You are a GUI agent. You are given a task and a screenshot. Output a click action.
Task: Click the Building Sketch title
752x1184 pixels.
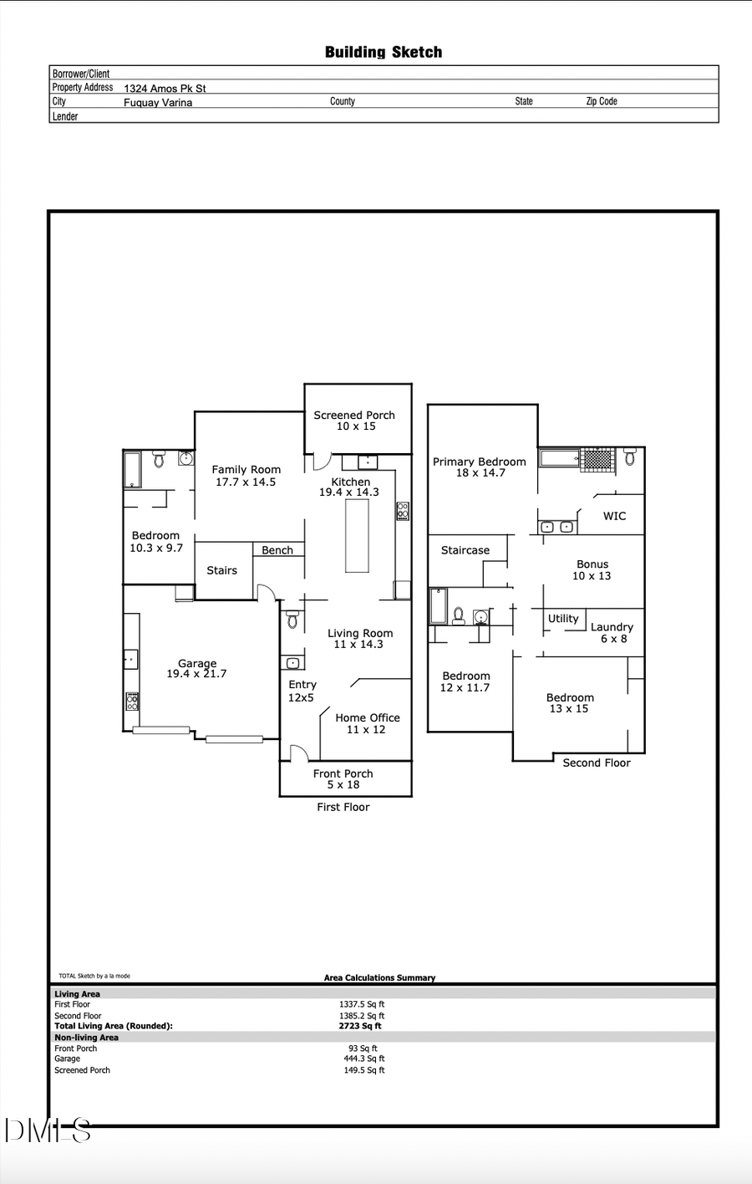384,52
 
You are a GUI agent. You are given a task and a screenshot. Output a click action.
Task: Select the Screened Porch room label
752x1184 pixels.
354,415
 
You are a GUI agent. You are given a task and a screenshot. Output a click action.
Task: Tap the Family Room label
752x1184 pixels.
246,470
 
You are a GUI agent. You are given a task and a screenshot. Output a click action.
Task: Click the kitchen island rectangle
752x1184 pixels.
357,537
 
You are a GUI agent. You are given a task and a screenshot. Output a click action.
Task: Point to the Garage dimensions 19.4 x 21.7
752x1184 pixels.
196,674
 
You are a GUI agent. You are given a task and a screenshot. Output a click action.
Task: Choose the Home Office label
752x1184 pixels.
368,717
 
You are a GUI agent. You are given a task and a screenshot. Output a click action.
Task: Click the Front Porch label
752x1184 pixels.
343,773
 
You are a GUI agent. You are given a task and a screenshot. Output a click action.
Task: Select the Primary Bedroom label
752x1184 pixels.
480,462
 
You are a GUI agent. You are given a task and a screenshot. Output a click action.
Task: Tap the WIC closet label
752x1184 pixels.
614,516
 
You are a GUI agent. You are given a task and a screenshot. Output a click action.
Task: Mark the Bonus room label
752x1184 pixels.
592,564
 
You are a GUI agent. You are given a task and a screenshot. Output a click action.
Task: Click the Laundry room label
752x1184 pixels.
612,627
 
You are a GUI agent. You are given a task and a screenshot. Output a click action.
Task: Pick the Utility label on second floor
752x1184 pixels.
563,619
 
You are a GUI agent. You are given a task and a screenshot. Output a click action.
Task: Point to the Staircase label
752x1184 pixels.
465,550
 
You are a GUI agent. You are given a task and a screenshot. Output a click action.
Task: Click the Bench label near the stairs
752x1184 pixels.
277,550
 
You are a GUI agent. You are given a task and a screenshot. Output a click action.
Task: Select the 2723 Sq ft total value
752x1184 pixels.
360,1026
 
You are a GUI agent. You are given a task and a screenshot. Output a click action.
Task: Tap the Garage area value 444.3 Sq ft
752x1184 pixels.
363,1059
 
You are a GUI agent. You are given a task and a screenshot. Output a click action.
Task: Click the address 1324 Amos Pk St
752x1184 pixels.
165,88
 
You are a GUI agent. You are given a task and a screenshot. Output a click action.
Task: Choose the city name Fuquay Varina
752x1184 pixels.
158,103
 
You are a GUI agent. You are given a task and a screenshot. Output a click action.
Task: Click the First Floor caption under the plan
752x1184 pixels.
343,807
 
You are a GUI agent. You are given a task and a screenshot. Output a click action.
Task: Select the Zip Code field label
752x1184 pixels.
602,101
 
